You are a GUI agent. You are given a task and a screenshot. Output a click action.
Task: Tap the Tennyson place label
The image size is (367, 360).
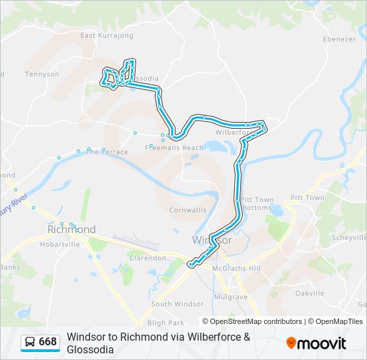point(42,74)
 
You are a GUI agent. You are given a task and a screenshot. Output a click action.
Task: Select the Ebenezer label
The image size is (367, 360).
point(339,39)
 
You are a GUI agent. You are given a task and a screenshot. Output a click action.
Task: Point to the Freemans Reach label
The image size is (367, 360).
point(174,147)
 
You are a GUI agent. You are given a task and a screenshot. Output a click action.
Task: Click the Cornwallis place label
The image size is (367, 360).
point(188,209)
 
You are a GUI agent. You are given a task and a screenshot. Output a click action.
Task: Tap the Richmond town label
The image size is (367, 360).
point(71,229)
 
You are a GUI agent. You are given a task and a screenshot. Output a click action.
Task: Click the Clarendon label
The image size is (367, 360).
point(147,257)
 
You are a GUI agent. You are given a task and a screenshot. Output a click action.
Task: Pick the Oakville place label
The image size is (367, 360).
point(310,293)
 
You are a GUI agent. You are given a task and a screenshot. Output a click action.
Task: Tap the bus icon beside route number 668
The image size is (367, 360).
point(30,343)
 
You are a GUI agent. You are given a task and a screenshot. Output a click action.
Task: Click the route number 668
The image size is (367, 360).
point(48,343)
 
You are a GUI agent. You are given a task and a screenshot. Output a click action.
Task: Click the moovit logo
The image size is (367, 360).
point(316,343)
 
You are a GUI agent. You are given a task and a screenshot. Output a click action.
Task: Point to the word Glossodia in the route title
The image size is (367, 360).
point(90,349)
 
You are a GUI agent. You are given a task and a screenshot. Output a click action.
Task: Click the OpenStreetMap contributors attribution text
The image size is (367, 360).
point(256,321)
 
